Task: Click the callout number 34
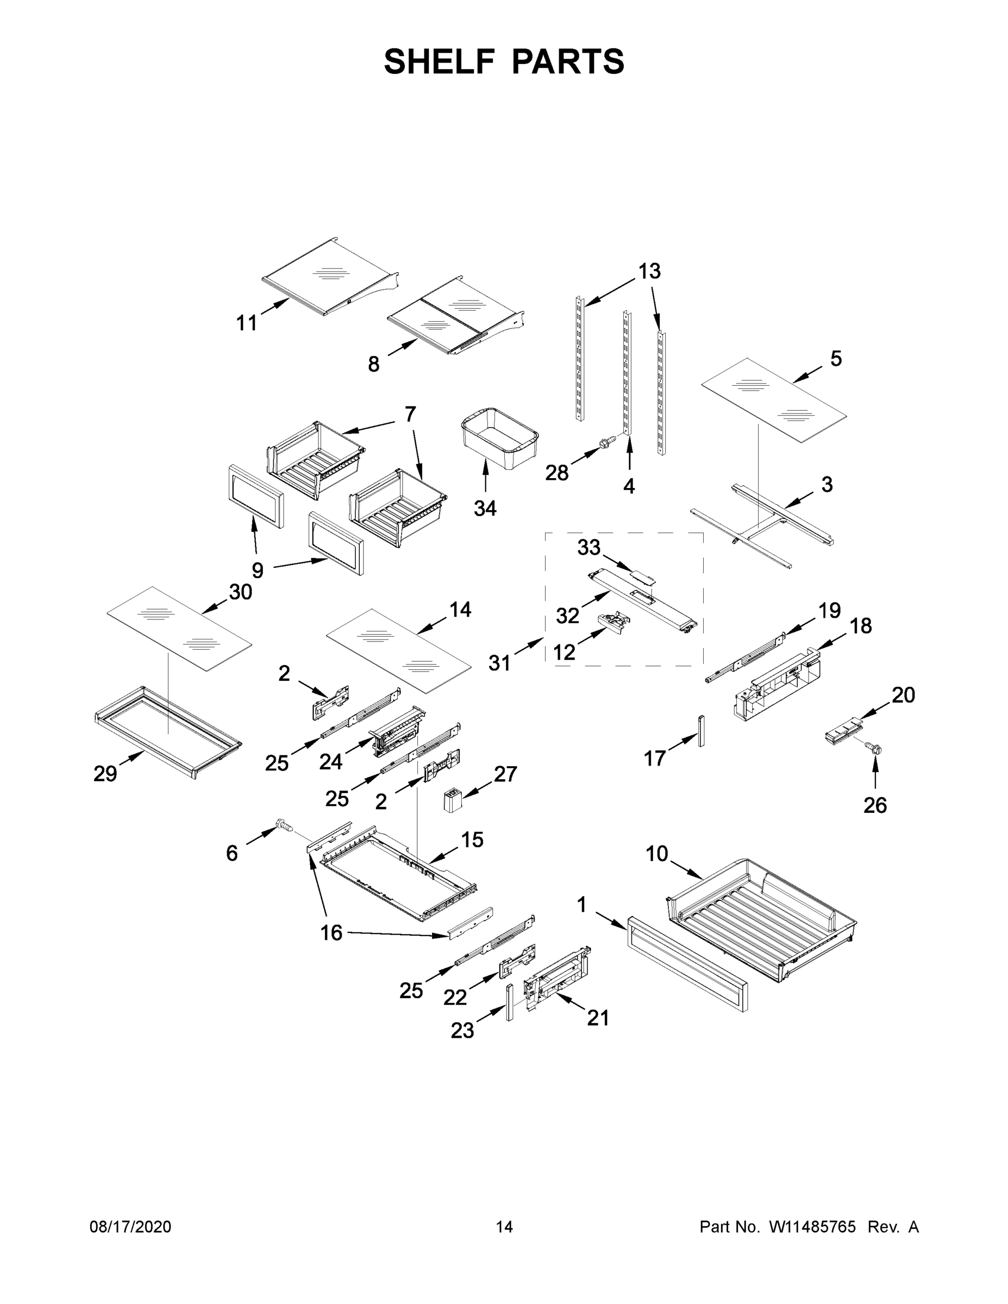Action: pos(485,508)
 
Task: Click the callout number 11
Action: pos(247,323)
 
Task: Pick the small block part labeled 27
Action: pos(452,799)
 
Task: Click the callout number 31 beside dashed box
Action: pos(499,663)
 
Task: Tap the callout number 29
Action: pos(105,774)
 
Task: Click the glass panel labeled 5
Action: pos(773,399)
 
